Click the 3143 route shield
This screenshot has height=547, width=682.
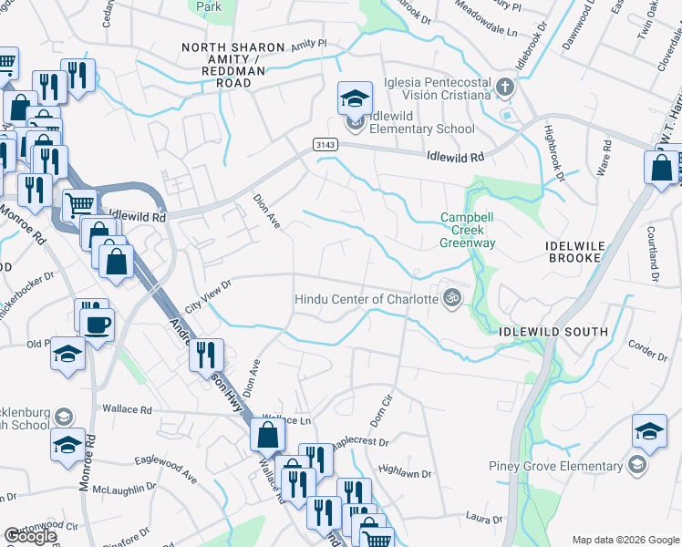pos(323,145)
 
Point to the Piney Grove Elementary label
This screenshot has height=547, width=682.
pos(561,467)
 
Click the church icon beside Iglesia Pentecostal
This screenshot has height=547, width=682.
pos(506,88)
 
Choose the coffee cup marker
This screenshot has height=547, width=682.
pos(98,324)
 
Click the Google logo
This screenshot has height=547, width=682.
pos(30,536)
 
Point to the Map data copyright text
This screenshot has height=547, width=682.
pos(625,540)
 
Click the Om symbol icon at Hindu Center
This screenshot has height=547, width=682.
pos(449,298)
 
